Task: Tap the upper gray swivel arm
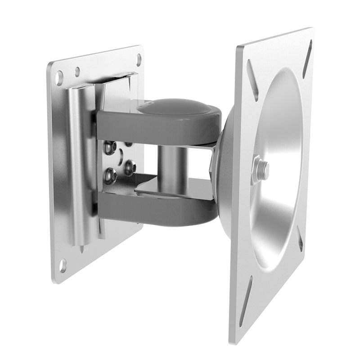click(x=157, y=126)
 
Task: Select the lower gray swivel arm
click(x=157, y=207)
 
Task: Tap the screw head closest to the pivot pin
click(x=130, y=168)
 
